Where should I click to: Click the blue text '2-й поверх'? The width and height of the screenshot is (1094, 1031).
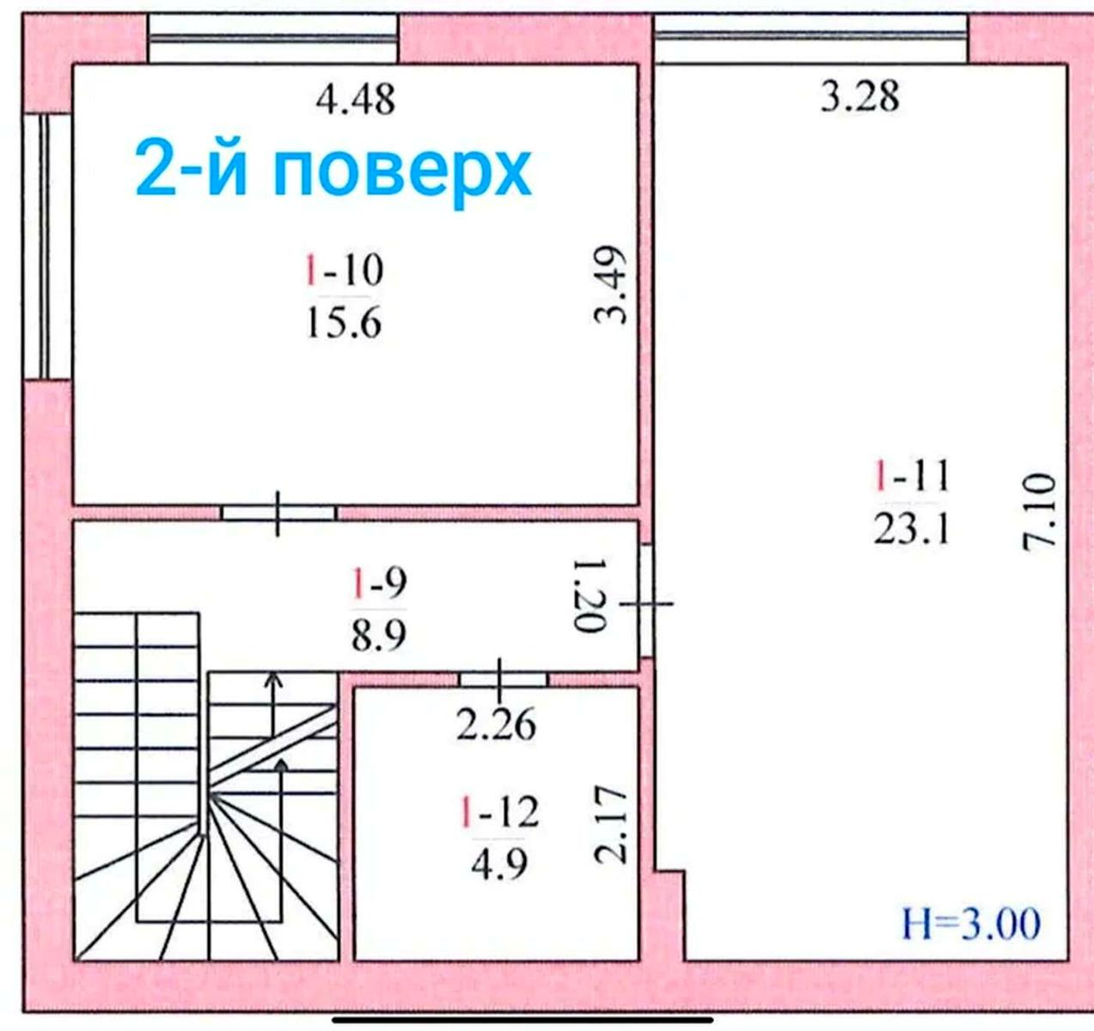tap(333, 170)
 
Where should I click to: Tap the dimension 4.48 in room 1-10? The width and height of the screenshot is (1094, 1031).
tap(355, 100)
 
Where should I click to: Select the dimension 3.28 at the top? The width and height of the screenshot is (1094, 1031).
tap(859, 95)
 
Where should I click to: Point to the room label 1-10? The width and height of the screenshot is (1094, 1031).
tap(344, 271)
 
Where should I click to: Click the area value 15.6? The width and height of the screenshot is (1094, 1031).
tap(343, 324)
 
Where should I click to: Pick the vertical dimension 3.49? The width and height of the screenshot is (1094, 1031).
tap(612, 285)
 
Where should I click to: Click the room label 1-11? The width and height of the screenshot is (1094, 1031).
tap(912, 475)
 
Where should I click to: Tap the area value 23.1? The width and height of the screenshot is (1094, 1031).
tap(912, 529)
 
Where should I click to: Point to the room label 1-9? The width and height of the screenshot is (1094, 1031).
tap(378, 583)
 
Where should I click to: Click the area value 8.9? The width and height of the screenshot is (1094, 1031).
tap(378, 637)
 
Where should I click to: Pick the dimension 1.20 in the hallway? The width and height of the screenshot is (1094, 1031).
tap(591, 595)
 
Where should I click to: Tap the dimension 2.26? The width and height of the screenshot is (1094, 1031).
tap(496, 725)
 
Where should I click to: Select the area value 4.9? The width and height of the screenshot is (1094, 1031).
tap(499, 863)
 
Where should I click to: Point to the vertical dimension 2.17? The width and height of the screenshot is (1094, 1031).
tap(612, 824)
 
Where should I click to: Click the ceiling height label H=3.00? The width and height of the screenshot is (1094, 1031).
tap(971, 924)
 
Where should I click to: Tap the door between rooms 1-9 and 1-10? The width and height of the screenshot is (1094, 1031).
tap(278, 513)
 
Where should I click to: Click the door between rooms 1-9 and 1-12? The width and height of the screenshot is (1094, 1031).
tap(502, 679)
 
